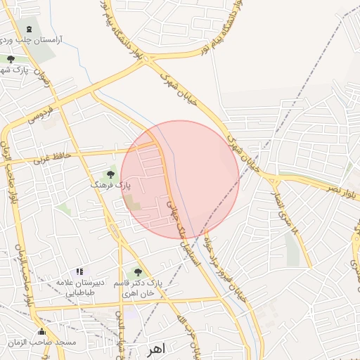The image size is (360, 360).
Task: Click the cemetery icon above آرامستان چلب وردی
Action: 28,29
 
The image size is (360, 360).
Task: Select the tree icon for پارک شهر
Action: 11,59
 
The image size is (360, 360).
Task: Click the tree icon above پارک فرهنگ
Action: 110,173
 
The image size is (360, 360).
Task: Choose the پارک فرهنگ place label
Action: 110,184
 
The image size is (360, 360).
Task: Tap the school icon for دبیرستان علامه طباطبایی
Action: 79,271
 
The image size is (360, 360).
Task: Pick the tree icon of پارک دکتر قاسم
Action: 138,271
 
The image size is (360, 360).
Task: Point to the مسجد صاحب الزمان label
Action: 42,342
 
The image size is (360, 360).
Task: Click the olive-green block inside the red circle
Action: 133,203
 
